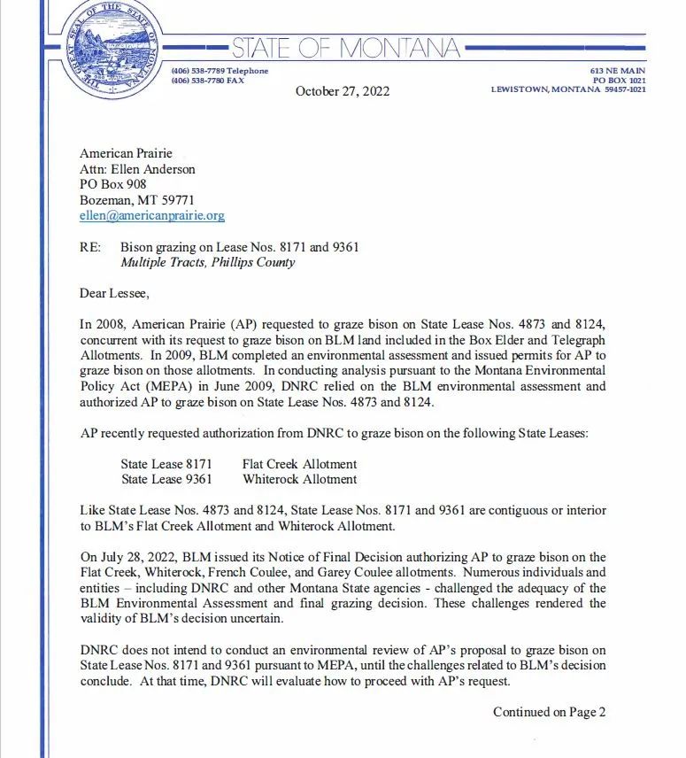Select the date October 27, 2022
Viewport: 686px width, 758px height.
[342, 91]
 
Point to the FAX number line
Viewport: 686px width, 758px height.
[207, 81]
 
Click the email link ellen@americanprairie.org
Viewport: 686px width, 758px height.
[152, 215]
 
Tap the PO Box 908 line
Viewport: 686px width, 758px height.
[113, 184]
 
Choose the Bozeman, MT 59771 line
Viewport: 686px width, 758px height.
[136, 200]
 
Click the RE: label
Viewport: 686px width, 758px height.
[89, 247]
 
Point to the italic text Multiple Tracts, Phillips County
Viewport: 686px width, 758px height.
[207, 262]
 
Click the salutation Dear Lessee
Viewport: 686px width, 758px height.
[116, 293]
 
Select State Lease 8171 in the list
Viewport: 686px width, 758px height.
[166, 464]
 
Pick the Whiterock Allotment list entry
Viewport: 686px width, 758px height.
[299, 479]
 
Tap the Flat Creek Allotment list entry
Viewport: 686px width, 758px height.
[299, 464]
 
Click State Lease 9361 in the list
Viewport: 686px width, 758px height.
[166, 479]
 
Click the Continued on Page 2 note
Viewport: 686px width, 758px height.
[549, 711]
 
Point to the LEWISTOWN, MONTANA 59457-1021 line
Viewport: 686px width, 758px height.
[567, 89]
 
